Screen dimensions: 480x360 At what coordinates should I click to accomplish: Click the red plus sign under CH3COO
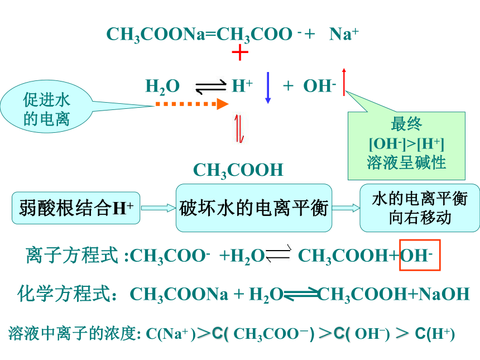coord(240,52)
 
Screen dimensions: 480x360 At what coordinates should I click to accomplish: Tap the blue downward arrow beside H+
coord(268,88)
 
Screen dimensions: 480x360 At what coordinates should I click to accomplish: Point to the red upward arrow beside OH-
coord(344,81)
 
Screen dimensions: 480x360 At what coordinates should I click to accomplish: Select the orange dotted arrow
coord(192,104)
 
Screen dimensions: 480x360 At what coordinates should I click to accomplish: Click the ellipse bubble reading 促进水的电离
coord(46,107)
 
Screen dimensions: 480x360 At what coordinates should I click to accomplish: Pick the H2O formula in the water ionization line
coord(162,87)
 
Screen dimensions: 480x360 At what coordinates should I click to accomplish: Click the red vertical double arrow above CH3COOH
coord(239,129)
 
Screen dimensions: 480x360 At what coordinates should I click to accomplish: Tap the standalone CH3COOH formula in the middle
coord(238,170)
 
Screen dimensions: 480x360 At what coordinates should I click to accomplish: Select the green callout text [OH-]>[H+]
coord(406,143)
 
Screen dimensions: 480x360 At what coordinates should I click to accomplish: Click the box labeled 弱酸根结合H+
coord(76,208)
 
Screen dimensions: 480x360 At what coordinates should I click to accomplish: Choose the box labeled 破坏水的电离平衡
coord(254,208)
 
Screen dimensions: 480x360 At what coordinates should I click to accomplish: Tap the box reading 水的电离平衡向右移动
coord(420,208)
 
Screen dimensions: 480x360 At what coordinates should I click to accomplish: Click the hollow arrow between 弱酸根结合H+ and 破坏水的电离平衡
coord(158,208)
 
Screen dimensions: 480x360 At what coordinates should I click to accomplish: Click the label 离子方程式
coord(72,255)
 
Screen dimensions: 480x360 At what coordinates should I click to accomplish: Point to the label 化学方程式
coord(64,294)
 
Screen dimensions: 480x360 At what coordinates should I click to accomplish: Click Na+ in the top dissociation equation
coord(344,33)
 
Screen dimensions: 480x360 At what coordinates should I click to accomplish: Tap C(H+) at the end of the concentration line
coord(435,334)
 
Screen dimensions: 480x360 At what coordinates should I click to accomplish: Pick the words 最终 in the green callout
coord(406,124)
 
